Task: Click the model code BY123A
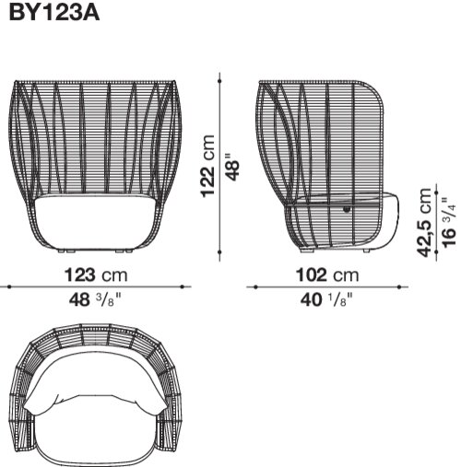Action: [54, 13]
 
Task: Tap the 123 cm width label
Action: [96, 274]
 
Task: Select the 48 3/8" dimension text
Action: [96, 299]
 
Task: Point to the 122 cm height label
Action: [207, 166]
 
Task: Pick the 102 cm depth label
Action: [327, 274]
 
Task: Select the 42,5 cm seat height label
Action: [424, 222]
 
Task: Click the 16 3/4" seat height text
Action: [449, 222]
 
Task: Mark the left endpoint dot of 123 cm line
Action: [9, 286]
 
